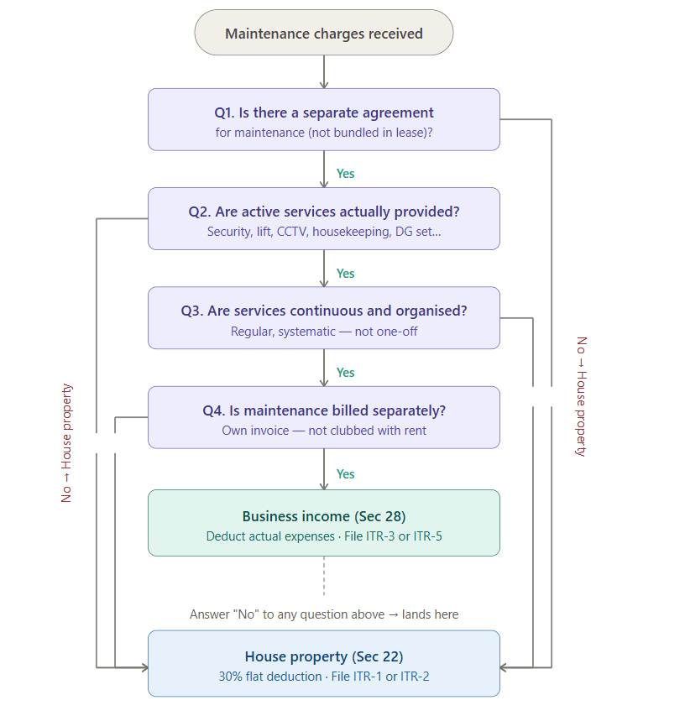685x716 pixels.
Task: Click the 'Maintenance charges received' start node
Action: [x=324, y=33]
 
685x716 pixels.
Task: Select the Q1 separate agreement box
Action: [x=324, y=120]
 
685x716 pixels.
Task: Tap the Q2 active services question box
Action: [x=324, y=219]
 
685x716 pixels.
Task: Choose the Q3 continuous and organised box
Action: [x=324, y=318]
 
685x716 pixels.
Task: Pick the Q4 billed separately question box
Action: [x=324, y=417]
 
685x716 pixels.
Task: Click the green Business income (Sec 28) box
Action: [x=324, y=523]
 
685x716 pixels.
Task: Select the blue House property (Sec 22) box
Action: [x=324, y=663]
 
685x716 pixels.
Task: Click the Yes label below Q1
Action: [x=345, y=174]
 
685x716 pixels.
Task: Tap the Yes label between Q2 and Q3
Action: [x=345, y=273]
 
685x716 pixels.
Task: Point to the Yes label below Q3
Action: [x=345, y=372]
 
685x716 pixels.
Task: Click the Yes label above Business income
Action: [x=345, y=474]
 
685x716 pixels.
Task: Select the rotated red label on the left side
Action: [x=66, y=443]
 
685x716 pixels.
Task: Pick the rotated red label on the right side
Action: [x=581, y=396]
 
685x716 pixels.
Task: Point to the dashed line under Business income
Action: [x=324, y=576]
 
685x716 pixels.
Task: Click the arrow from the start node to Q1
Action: [x=324, y=72]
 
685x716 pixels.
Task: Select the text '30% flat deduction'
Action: [x=270, y=677]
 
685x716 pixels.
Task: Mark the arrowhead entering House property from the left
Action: [x=145, y=667]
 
